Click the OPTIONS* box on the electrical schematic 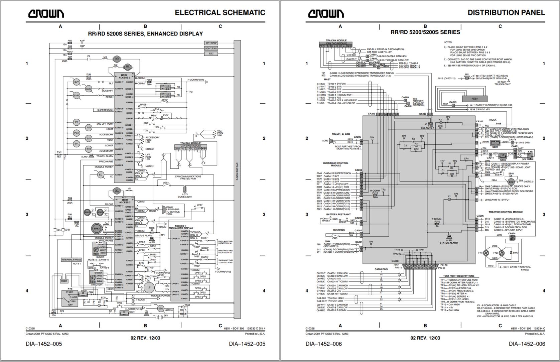coord(211,43)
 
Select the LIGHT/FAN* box coord(211,48)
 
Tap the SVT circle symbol coord(77,82)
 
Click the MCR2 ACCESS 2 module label coord(124,77)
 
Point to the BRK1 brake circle coord(97,228)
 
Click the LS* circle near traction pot coord(149,287)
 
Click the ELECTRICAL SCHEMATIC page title coord(220,13)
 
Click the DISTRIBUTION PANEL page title coord(506,13)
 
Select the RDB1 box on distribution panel coord(475,99)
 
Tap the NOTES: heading coord(448,42)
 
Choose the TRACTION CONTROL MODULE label coord(505,212)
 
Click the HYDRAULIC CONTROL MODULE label coord(335,164)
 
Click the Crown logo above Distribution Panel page coord(326,13)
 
